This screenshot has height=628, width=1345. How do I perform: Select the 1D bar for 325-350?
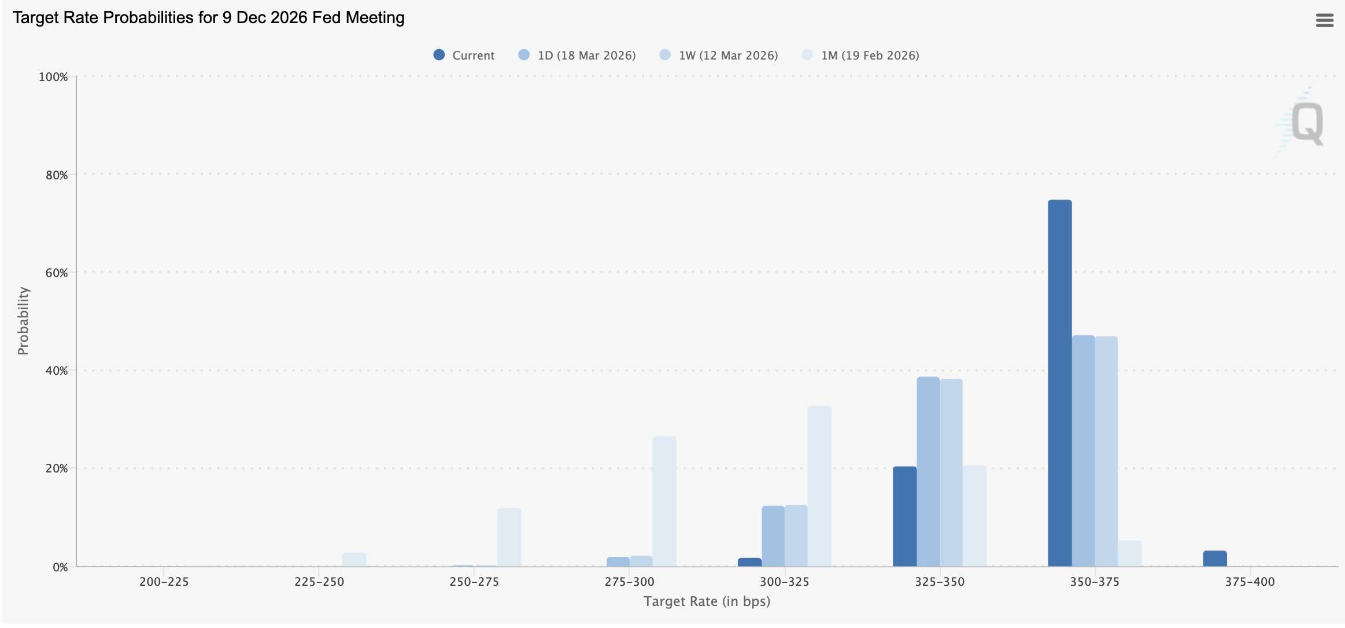(x=928, y=471)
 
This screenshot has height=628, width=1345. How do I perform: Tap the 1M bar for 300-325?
(x=819, y=486)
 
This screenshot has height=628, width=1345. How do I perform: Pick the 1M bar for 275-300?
(x=664, y=501)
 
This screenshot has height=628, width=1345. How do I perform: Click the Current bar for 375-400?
(x=1214, y=559)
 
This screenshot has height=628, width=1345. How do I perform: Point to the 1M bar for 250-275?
(x=509, y=537)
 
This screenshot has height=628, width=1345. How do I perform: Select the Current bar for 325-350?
(x=904, y=516)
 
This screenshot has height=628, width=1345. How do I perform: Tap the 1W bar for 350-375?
(x=1106, y=451)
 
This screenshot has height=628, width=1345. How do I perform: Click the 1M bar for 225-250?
(x=354, y=560)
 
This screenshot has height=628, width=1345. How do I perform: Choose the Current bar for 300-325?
(x=749, y=562)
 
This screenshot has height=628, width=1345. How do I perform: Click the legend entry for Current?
(x=464, y=56)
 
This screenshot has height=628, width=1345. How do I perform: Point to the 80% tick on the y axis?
(x=57, y=175)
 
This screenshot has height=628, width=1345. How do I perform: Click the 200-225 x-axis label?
(x=164, y=582)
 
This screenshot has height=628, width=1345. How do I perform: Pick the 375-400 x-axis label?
(x=1250, y=582)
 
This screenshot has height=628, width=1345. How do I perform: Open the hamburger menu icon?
(x=1324, y=21)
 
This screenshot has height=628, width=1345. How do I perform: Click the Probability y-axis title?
(x=23, y=321)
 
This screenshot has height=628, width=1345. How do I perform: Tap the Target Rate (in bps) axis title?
(x=707, y=601)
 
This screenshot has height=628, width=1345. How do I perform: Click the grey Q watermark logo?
(x=1306, y=123)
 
